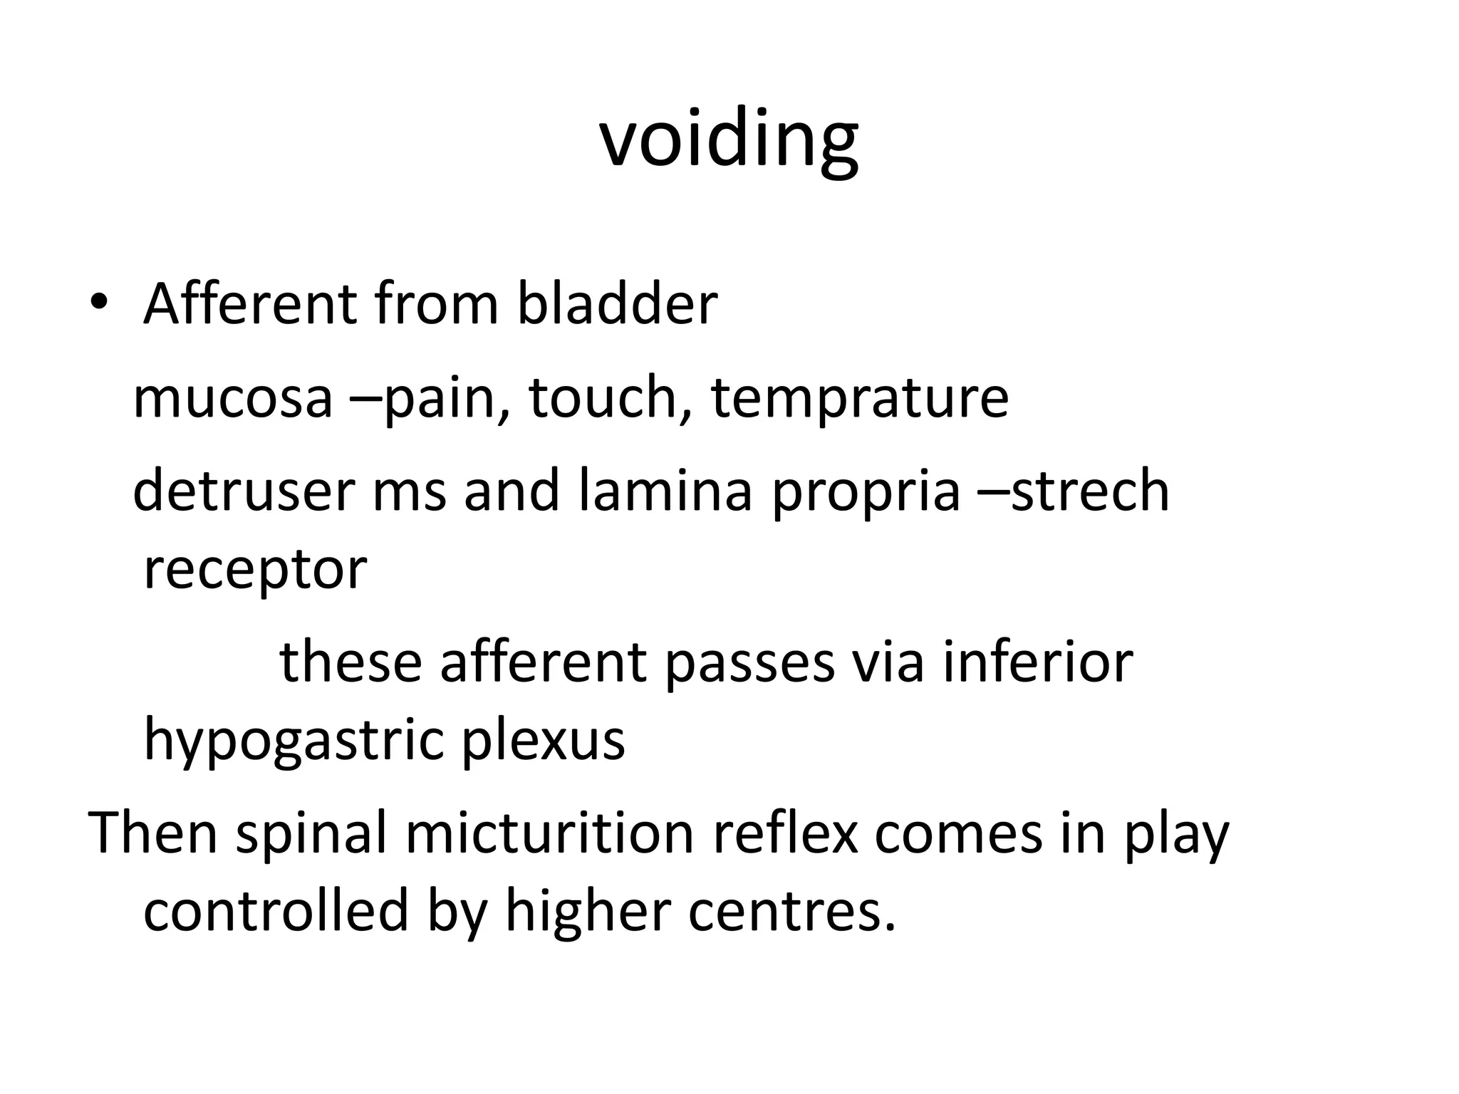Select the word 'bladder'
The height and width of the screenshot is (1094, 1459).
616,304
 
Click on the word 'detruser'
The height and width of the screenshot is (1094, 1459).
244,491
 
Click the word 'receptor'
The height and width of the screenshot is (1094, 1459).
255,570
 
